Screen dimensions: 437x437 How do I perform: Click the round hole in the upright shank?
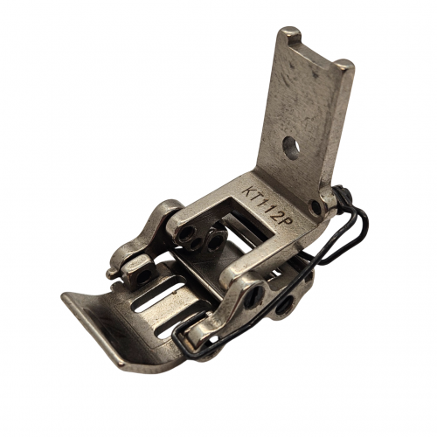[291, 149]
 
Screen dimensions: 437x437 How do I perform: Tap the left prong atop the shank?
[289, 35]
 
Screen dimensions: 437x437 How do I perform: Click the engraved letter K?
[249, 191]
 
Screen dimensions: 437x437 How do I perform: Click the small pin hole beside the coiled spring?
[316, 207]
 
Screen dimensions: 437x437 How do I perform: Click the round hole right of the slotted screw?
[284, 305]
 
